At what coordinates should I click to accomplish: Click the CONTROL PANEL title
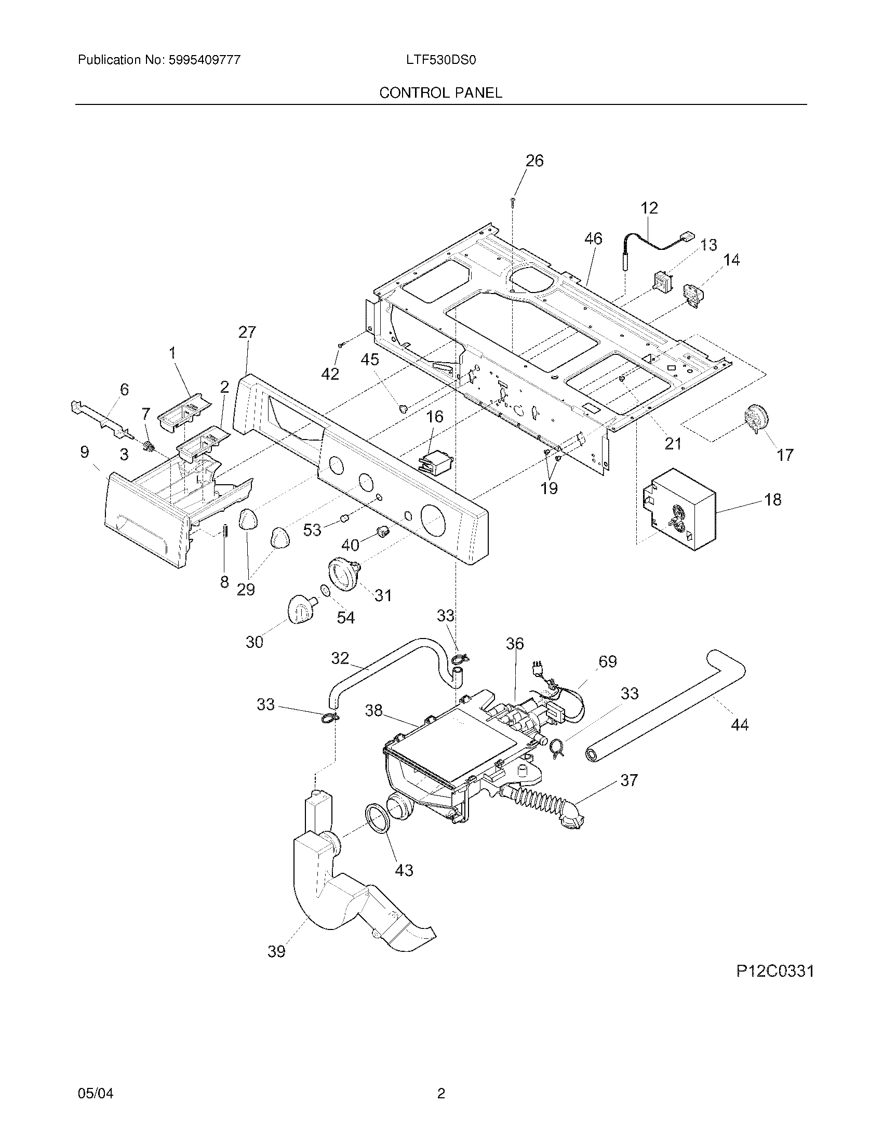pyautogui.click(x=440, y=92)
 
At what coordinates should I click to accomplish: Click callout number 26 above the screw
pyautogui.click(x=534, y=161)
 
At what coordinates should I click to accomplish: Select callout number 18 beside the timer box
pyautogui.click(x=773, y=499)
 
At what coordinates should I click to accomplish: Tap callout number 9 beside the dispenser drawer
pyautogui.click(x=85, y=452)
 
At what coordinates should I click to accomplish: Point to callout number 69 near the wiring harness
pyautogui.click(x=607, y=661)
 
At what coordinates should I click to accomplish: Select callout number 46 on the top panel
pyautogui.click(x=593, y=238)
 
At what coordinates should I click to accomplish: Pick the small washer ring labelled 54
pyautogui.click(x=324, y=591)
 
